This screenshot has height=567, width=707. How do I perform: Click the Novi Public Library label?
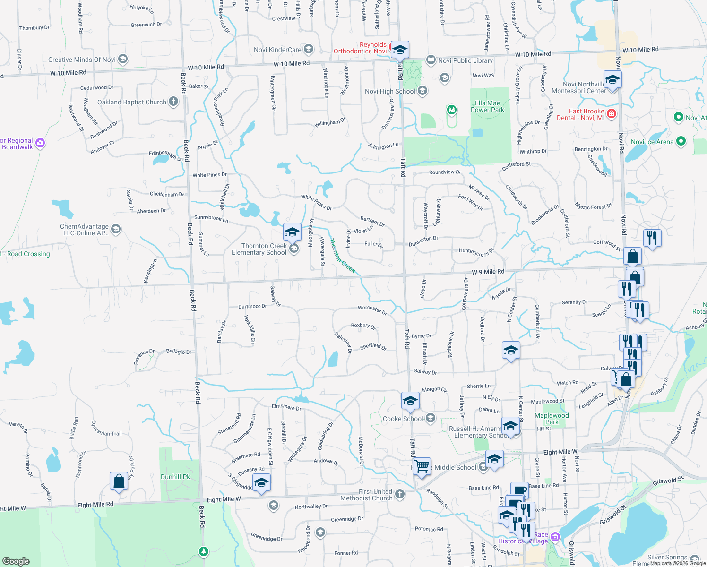pyautogui.click(x=465, y=60)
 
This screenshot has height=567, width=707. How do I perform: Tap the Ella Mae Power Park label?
pyautogui.click(x=487, y=106)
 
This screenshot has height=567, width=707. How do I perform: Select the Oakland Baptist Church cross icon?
pyautogui.click(x=173, y=102)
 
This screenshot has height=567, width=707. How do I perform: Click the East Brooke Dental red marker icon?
pyautogui.click(x=611, y=113)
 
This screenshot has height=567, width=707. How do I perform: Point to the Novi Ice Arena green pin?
pyautogui.click(x=681, y=141)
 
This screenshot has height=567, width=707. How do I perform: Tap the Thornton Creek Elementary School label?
pyautogui.click(x=259, y=249)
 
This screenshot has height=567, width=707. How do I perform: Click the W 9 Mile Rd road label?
pyautogui.click(x=488, y=272)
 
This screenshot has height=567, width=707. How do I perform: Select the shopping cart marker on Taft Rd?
pyautogui.click(x=421, y=467)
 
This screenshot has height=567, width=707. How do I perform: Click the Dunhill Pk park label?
pyautogui.click(x=175, y=477)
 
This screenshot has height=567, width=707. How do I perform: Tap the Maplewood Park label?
pyautogui.click(x=552, y=419)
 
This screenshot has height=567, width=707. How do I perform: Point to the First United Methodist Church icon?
pyautogui.click(x=400, y=494)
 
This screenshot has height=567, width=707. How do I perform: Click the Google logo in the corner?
pyautogui.click(x=16, y=561)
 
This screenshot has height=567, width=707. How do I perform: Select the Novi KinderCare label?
pyautogui.click(x=277, y=50)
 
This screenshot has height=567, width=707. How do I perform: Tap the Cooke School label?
pyautogui.click(x=403, y=419)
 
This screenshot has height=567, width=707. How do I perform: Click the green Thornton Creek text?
pyautogui.click(x=342, y=256)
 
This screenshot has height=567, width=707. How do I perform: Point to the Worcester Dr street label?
pyautogui.click(x=372, y=309)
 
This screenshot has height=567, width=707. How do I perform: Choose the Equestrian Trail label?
pyautogui.click(x=106, y=428)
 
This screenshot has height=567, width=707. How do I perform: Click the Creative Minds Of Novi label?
pyautogui.click(x=82, y=60)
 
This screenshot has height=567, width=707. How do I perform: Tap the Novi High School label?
pyautogui.click(x=390, y=91)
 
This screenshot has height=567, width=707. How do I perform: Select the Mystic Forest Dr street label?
pyautogui.click(x=593, y=206)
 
